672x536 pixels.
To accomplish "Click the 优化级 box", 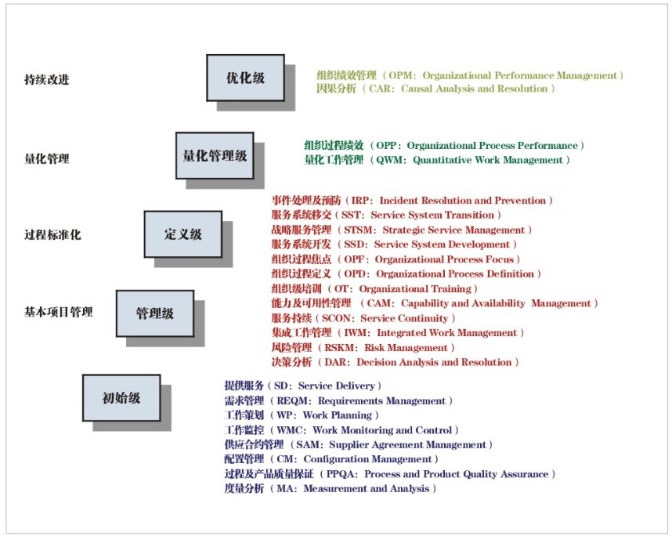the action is coord(246,78).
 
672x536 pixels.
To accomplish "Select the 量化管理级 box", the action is coord(215,156).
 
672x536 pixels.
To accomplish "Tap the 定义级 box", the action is coord(183,234).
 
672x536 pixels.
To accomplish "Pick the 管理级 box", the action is coord(155,313).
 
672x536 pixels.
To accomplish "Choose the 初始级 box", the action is coord(121,398).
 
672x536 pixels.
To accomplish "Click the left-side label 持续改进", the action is coord(47,80).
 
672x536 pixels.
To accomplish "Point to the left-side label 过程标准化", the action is coord(52,234).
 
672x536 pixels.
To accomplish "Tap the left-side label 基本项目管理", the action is coord(58,312).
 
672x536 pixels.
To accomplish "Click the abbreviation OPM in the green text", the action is coord(400,75).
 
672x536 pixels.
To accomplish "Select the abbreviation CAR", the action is coord(379,89).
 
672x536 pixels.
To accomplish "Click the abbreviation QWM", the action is coord(389,160).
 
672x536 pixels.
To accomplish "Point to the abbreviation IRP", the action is coord(359,201).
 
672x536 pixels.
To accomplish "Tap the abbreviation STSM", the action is coord(358,230).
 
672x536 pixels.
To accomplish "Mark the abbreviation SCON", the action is coord(336,318).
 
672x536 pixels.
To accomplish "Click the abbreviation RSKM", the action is coord(338,348).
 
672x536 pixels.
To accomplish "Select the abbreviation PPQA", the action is coord(341,474).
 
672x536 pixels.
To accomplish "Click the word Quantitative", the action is coord(443,160).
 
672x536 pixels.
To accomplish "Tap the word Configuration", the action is coord(334,459).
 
